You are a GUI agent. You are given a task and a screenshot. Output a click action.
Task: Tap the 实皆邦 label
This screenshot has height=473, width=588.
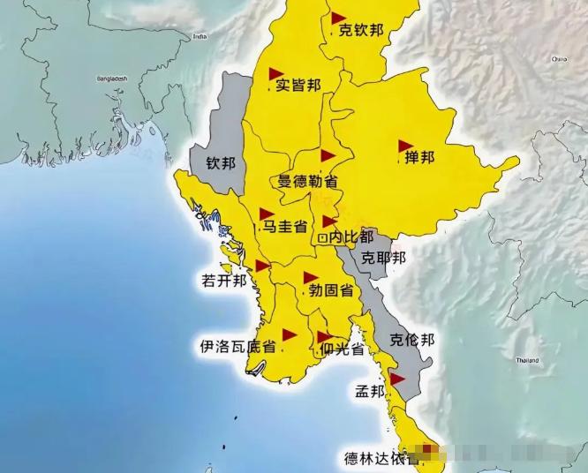pos(298,85)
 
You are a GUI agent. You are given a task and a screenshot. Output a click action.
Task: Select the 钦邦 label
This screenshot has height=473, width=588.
pos(222,163)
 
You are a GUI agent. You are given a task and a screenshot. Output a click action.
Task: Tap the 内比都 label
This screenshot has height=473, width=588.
pos(351,236)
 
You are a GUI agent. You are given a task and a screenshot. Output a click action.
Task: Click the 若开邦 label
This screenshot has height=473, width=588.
pos(221,281)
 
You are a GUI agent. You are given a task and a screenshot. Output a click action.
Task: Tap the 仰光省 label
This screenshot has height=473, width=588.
pos(343,349)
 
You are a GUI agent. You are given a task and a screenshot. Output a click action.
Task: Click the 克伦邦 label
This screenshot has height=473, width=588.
pos(411,339)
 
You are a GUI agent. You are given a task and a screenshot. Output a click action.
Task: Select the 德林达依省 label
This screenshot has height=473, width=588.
pos(381,458)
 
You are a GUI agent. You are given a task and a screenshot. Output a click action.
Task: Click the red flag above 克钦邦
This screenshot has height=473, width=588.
pos(337,18)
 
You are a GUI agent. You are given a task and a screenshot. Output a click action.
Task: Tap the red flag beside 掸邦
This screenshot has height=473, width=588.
pos(405,145)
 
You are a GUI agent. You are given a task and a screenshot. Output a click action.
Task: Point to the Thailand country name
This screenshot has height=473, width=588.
pos(527,361)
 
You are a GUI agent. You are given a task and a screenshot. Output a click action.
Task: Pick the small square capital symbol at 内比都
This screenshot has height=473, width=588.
pos(323,237)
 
